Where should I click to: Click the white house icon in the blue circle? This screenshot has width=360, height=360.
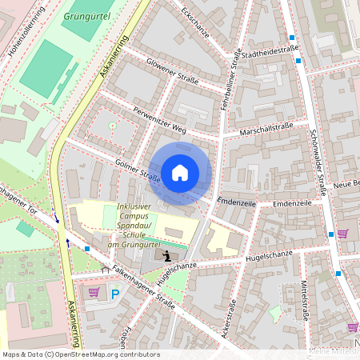[180, 173]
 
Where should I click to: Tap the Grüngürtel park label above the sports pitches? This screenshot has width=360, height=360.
[86, 15]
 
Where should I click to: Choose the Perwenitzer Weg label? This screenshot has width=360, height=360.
[160, 118]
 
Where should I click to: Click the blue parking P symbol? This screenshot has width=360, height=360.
[114, 294]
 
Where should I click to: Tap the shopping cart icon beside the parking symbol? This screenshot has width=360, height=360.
[94, 292]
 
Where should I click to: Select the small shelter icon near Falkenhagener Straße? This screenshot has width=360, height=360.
[104, 270]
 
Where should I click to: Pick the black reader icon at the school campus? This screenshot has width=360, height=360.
[166, 256]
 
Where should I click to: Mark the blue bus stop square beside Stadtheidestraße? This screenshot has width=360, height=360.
[292, 38]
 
